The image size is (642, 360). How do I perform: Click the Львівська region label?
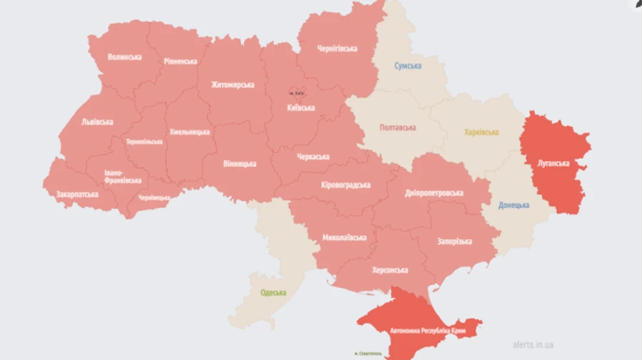96,122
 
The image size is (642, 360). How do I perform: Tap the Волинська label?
124,56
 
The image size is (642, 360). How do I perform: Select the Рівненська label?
180,61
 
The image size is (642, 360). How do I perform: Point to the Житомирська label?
233,85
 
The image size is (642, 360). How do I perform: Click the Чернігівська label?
337,48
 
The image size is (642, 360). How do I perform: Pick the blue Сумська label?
408,66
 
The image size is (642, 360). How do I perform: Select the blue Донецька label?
514,205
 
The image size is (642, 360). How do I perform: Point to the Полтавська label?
397,128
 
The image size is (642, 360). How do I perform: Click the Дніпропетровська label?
434,193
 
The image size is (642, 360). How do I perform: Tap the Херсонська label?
389,270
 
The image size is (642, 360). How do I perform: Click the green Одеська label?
272,292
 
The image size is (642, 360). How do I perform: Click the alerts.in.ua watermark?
533,345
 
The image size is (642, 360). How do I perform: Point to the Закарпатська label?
77,194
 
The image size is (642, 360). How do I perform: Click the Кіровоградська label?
345,185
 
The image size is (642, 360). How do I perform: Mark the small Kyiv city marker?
296,93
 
